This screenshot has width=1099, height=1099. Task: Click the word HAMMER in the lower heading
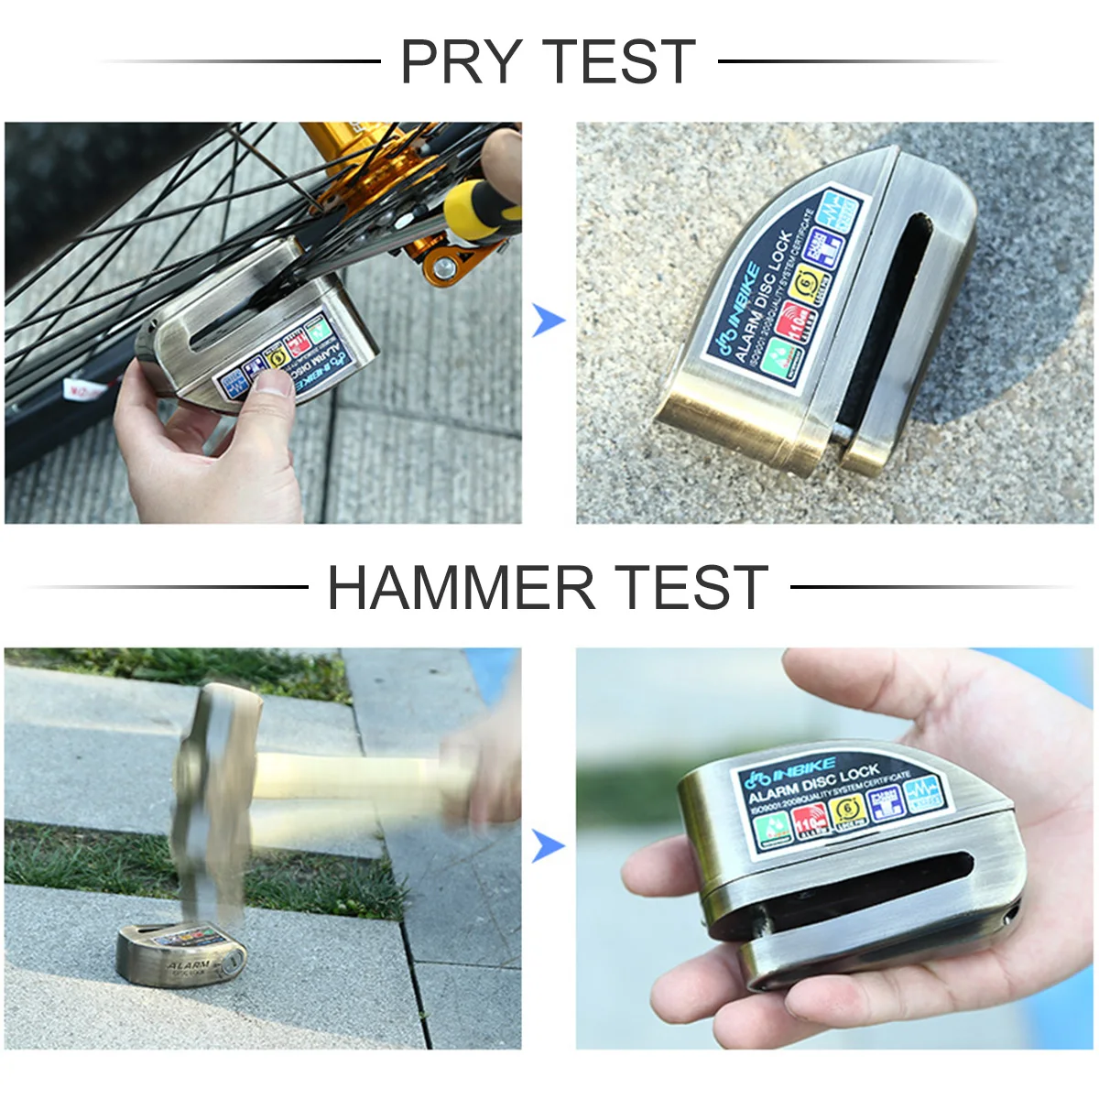point(461,588)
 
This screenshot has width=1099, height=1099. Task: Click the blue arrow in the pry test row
point(549,321)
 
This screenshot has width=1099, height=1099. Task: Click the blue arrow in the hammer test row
point(549,846)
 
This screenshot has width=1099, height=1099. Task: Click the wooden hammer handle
point(348,778)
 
